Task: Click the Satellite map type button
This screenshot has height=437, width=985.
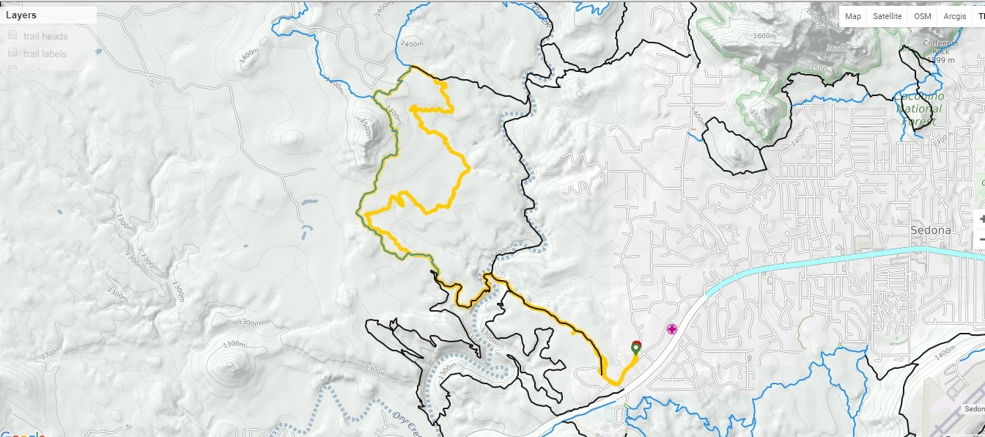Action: [887, 16]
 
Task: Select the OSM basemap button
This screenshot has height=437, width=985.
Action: [923, 16]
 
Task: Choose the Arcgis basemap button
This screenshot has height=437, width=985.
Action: [954, 16]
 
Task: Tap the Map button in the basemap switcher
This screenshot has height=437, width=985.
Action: [853, 16]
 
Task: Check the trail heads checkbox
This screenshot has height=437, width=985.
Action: [12, 36]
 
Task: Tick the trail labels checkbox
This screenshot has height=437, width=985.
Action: [12, 54]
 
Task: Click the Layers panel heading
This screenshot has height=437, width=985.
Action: [21, 15]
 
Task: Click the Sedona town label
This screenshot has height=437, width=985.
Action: [930, 229]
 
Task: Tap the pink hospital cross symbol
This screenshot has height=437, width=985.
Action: [671, 329]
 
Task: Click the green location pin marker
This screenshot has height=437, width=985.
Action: [635, 347]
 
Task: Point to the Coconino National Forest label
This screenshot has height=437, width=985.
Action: [919, 109]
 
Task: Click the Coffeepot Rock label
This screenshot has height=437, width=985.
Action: [940, 48]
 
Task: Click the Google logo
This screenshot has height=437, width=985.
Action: [22, 433]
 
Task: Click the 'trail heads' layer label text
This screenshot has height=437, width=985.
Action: [45, 37]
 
